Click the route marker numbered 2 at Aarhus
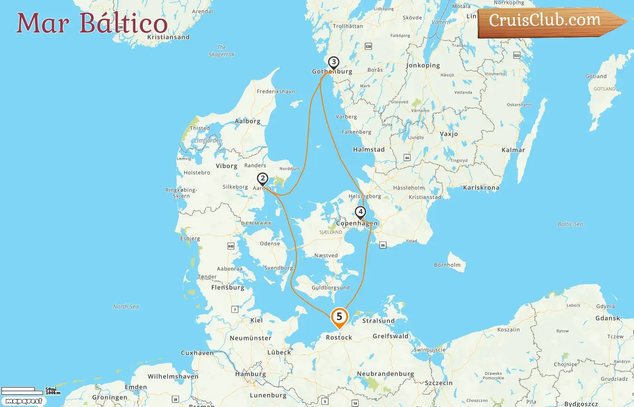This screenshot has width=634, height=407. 262,179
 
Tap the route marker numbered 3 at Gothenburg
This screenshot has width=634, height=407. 334,62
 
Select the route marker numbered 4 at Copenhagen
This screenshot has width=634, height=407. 360,212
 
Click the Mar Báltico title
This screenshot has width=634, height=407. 92,24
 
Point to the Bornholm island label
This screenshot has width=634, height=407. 447,265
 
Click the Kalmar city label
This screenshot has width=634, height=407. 513,150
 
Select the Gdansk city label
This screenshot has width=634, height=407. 607,318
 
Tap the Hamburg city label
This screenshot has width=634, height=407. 250,374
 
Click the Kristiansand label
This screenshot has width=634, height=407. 168,37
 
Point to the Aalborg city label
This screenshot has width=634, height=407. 247,121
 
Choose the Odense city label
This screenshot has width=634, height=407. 270,243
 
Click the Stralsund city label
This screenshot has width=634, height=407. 378,321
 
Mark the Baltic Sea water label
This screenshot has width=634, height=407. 570,224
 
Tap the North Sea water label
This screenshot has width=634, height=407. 126,307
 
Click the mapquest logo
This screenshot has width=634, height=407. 24,401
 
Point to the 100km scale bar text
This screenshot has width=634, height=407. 53,393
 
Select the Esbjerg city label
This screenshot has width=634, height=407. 190,238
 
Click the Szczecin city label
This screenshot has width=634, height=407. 438,383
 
